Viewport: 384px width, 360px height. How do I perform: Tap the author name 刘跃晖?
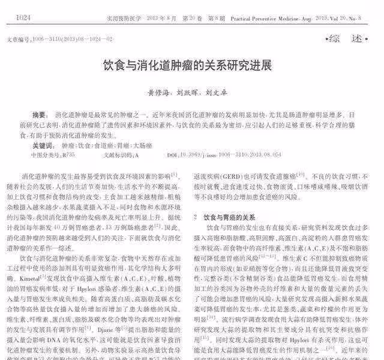(x=187, y=94)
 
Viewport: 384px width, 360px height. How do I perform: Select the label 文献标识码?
(x=118, y=155)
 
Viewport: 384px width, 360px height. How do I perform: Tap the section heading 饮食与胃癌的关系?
(x=230, y=217)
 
